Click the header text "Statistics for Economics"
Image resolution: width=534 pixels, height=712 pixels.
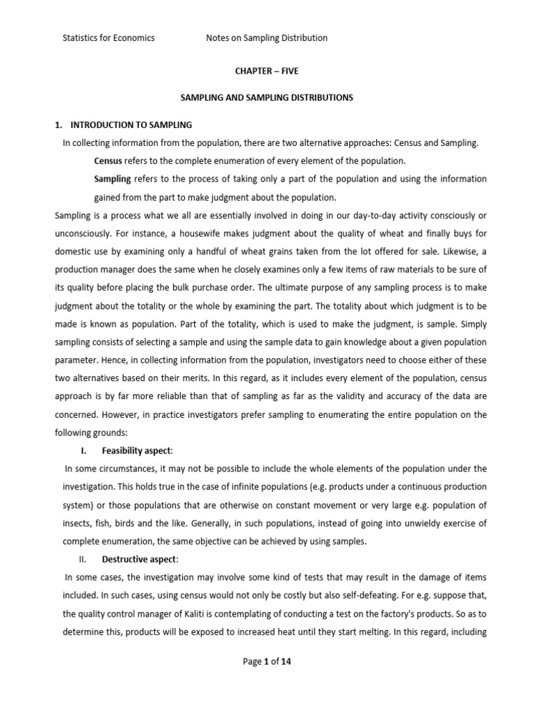point(108,38)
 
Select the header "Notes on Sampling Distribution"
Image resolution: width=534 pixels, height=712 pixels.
point(266,38)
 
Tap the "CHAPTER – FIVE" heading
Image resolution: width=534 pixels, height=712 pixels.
point(267,72)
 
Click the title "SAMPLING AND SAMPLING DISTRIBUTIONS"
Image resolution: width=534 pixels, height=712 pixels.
point(267,98)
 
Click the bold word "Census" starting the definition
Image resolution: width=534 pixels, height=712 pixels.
point(108,161)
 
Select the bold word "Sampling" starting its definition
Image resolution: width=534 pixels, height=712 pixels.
point(112,179)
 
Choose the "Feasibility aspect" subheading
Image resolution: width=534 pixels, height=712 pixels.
point(136,450)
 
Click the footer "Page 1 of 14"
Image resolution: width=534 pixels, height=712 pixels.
point(267,661)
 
